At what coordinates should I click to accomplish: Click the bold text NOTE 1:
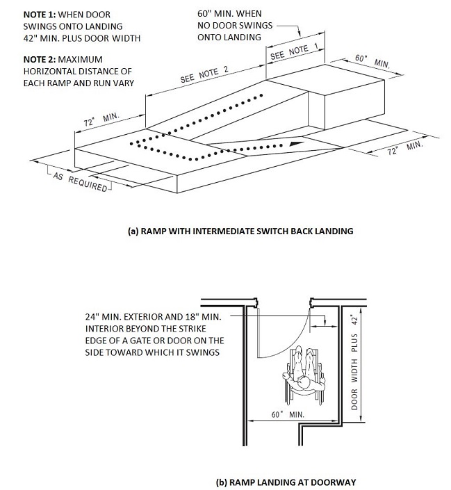(x=23, y=14)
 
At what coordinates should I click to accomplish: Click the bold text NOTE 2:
(x=23, y=59)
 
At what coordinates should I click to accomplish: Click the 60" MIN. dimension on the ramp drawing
(x=372, y=61)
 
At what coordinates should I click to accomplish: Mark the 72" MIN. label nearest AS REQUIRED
(x=102, y=120)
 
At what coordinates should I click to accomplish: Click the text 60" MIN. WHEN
(x=229, y=14)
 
